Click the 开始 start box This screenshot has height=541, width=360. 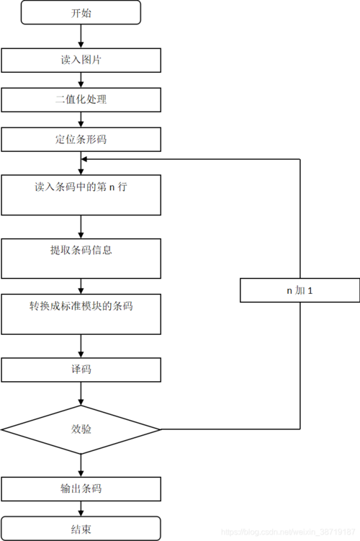(x=81, y=12)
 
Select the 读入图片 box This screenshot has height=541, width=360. (x=81, y=61)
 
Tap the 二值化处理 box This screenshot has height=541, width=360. (x=81, y=99)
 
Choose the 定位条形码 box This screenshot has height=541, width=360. (x=81, y=139)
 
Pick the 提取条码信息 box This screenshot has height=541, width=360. (x=81, y=258)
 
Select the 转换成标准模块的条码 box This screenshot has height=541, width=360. (x=81, y=313)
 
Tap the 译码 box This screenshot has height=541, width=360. (x=81, y=370)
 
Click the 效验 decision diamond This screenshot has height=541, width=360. (x=81, y=429)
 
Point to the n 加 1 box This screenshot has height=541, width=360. (x=300, y=290)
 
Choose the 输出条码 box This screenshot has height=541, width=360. (x=81, y=488)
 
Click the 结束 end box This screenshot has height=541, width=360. (x=81, y=529)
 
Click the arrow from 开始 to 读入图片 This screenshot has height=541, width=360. (x=81, y=36)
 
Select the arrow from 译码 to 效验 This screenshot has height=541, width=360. (x=81, y=393)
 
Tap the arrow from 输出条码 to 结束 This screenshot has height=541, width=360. (x=81, y=509)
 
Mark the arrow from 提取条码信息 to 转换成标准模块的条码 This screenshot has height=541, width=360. (x=81, y=286)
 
